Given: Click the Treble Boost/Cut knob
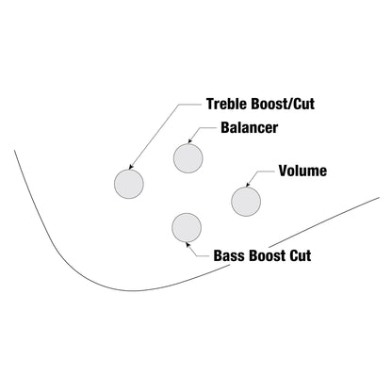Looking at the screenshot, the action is tap(129, 184).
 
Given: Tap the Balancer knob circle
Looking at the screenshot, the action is tap(188, 158).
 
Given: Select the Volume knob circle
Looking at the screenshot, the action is tap(246, 202).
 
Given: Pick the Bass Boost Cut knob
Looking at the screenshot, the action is tap(187, 228).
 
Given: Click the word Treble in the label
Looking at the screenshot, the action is tap(224, 104).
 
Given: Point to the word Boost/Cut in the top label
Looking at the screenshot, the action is tap(279, 104).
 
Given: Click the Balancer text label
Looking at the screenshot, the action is tap(249, 128).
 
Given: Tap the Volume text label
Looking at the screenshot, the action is tap(302, 171).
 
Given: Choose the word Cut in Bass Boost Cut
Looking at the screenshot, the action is tap(301, 255).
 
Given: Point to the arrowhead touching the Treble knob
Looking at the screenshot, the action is tap(132, 167).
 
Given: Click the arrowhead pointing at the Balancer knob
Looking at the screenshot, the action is tap(190, 141).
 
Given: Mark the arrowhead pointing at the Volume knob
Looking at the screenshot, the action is tap(248, 185).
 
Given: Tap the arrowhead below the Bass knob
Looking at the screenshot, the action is tap(188, 245).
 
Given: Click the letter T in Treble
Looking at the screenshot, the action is tap(210, 104).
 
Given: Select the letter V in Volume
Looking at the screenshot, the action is tap(284, 171).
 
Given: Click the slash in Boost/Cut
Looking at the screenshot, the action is tap(289, 104).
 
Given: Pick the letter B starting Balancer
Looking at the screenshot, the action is tap(225, 128).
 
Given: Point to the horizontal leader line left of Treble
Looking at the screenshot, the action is tap(189, 105).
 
